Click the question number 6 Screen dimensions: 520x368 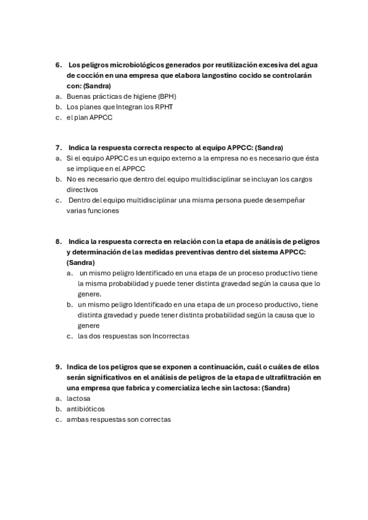coord(58,64)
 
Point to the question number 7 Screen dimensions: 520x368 coord(58,148)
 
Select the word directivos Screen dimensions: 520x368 coord(83,190)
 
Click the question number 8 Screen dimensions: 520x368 coord(58,242)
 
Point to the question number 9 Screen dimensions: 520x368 coord(58,367)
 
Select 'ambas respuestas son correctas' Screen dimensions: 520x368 coord(119,419)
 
